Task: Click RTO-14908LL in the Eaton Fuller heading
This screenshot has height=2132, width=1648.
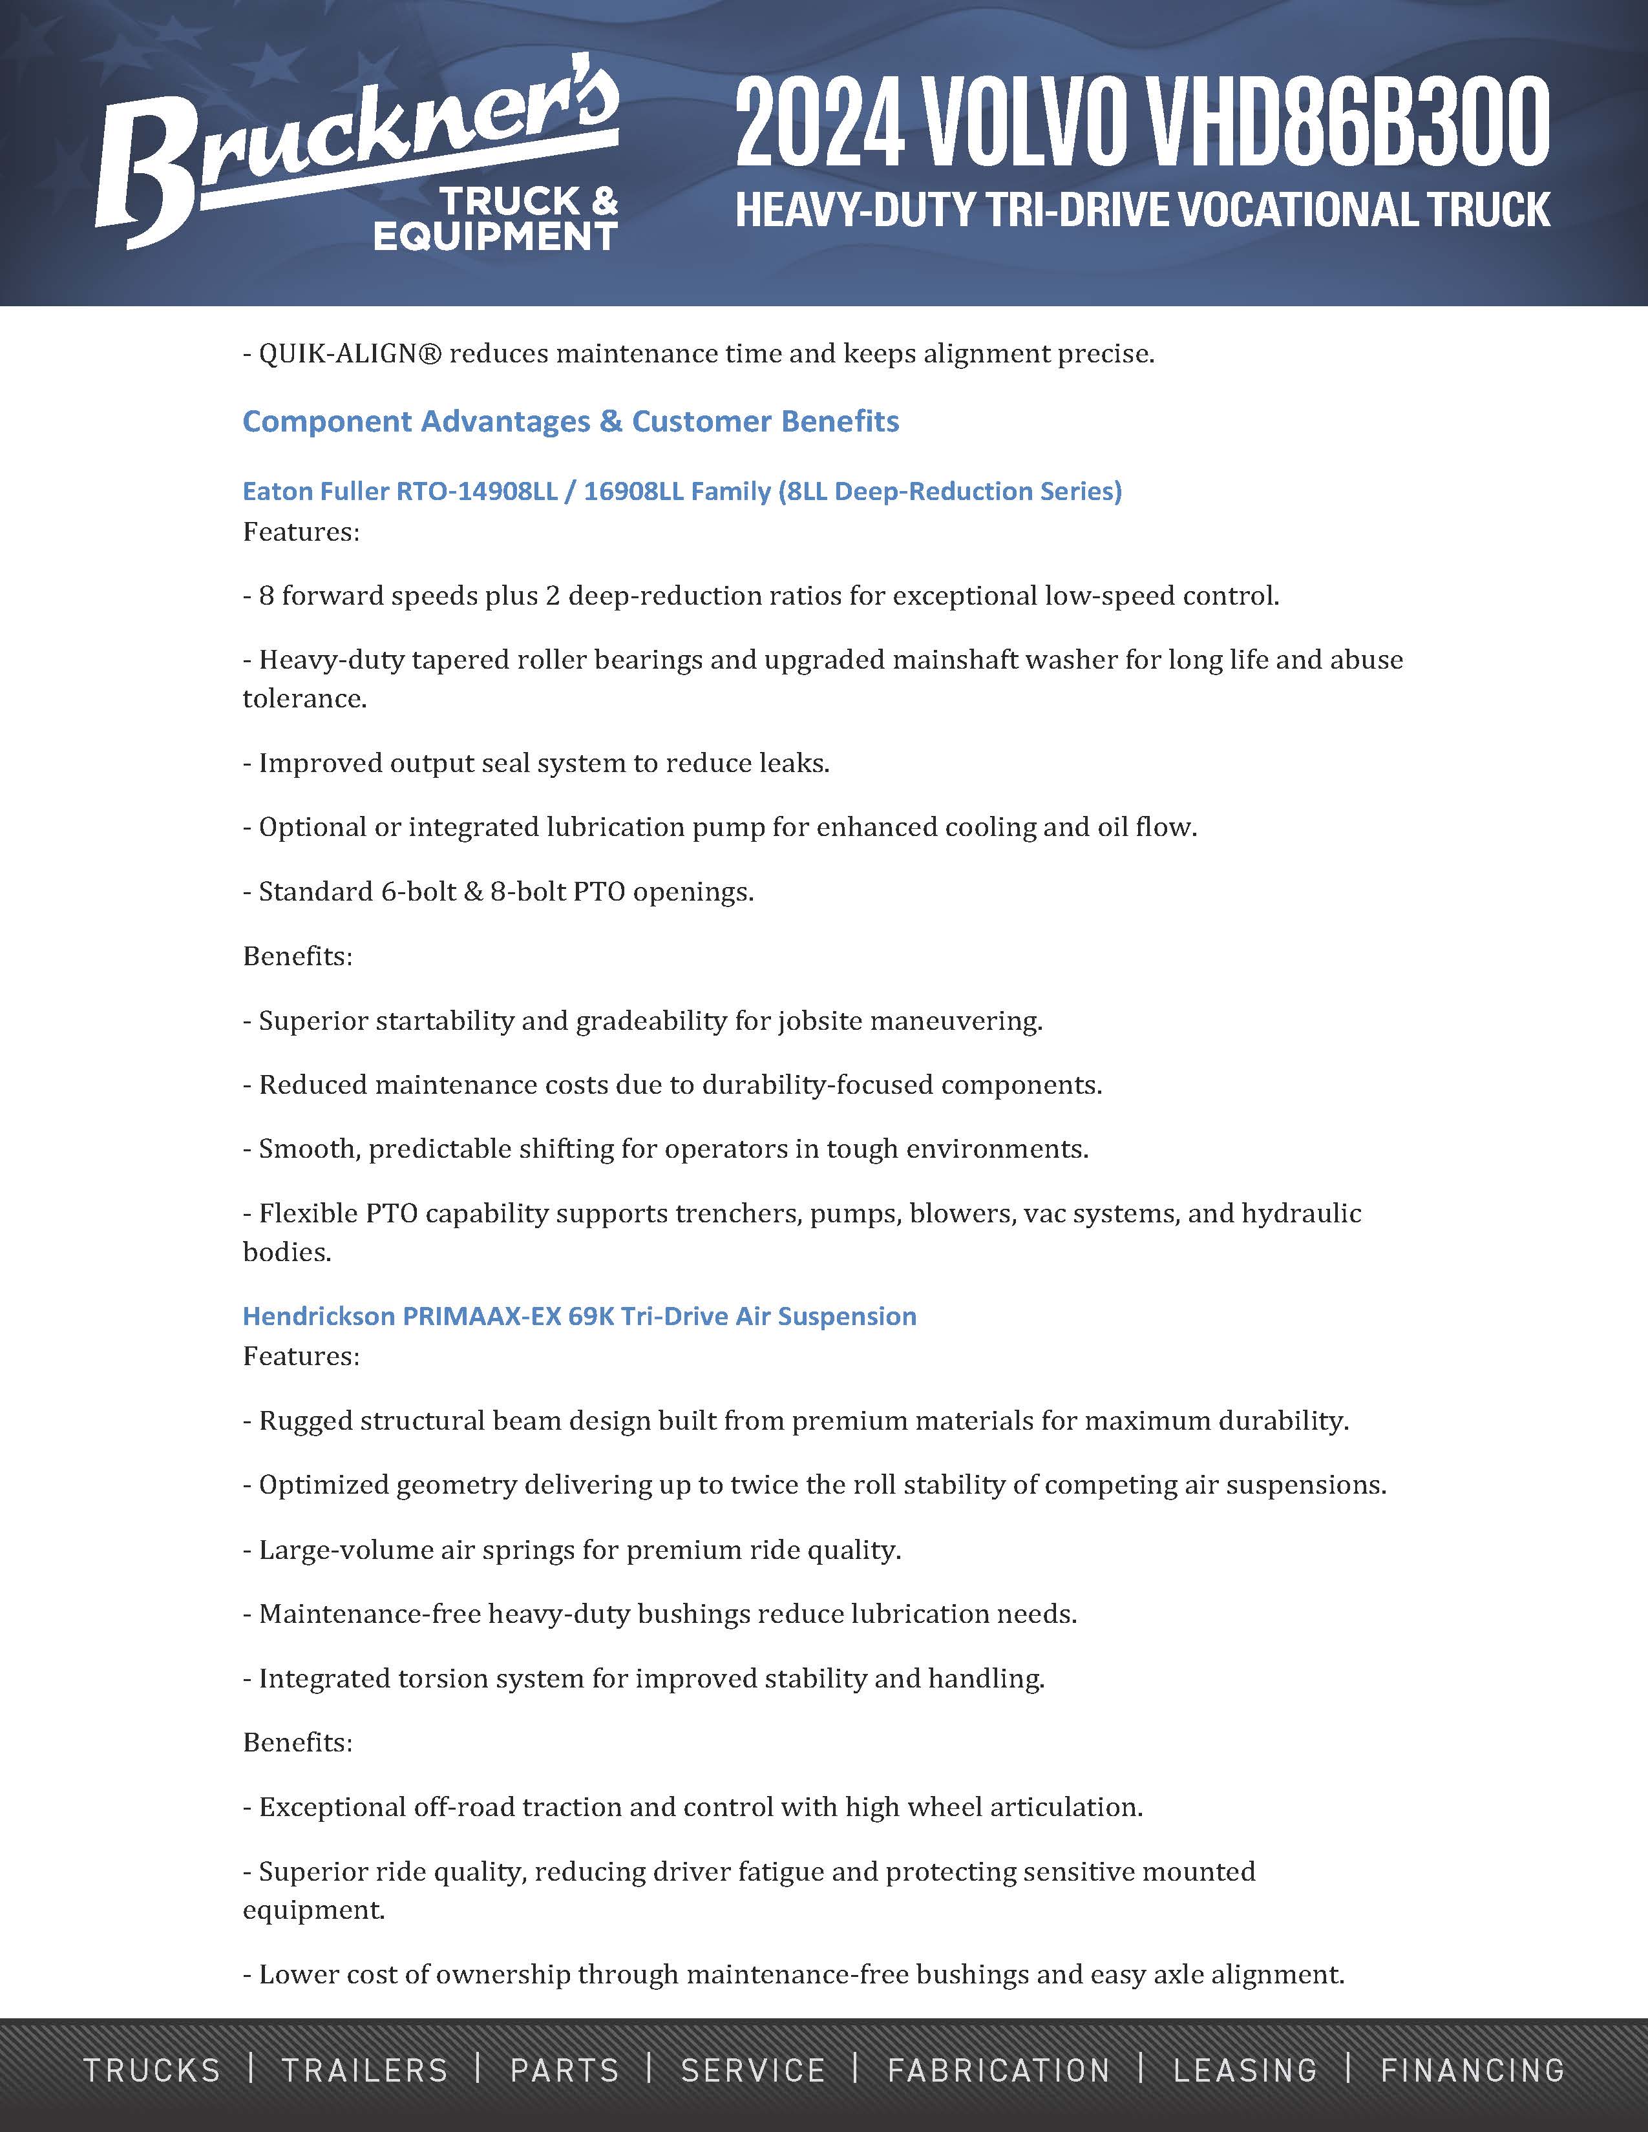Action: point(476,490)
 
